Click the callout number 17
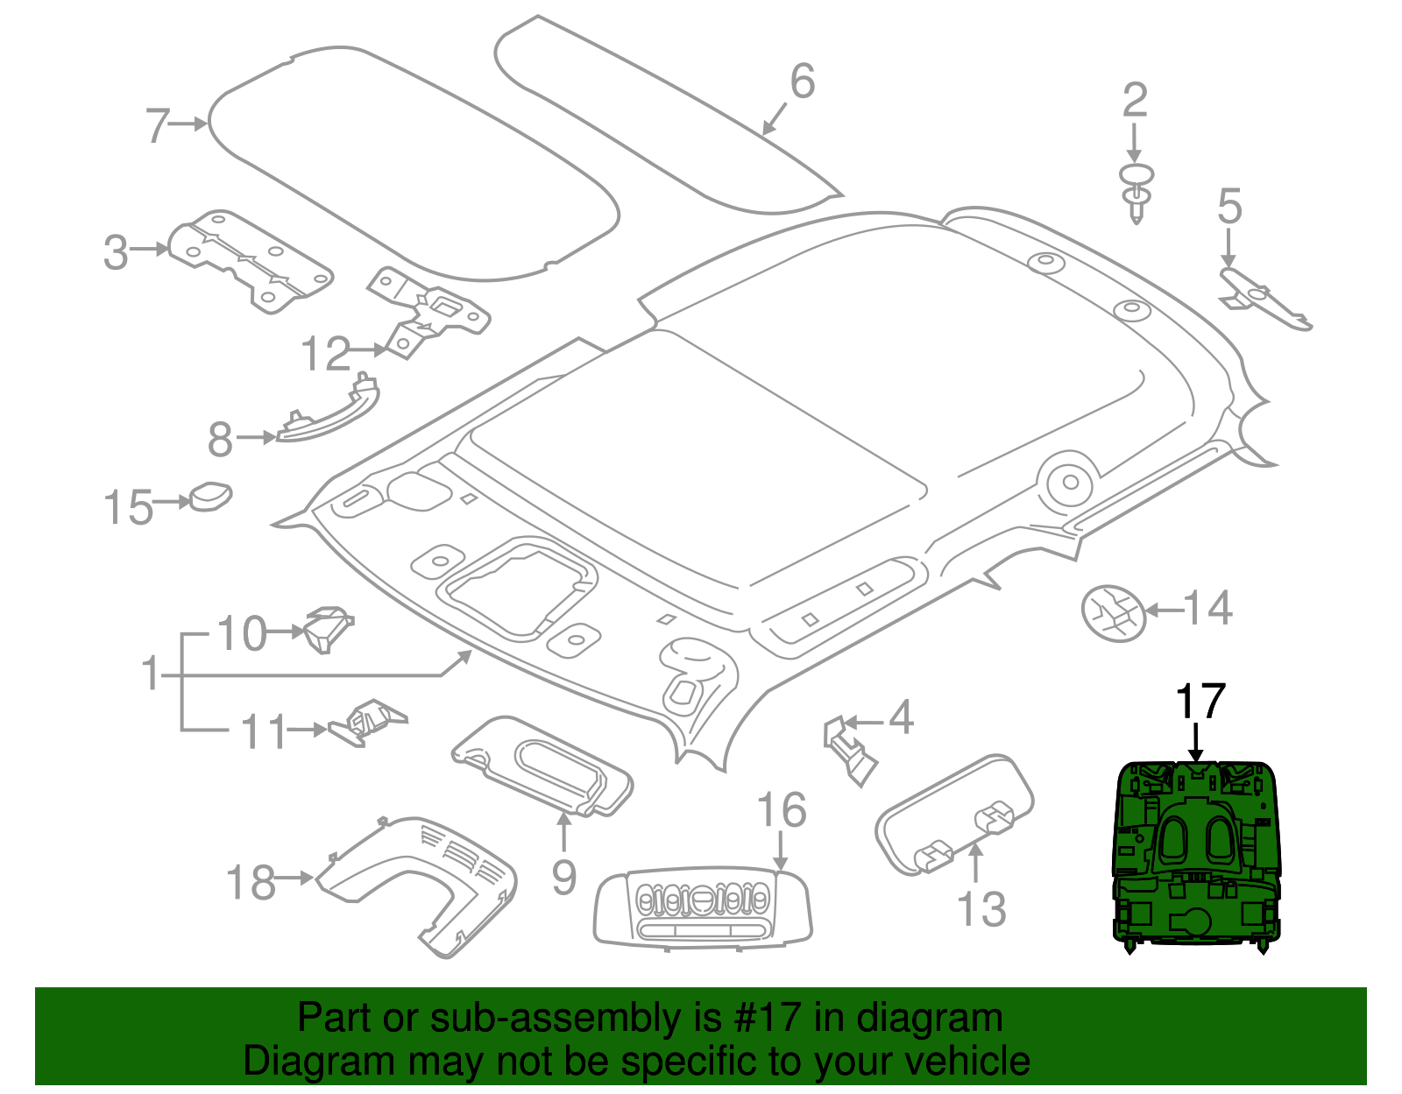pyautogui.click(x=1199, y=702)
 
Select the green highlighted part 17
pyautogui.click(x=1196, y=854)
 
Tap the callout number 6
pyautogui.click(x=802, y=81)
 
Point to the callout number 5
pyautogui.click(x=1229, y=207)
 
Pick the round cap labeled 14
pyautogui.click(x=1114, y=613)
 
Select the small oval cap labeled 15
pyautogui.click(x=211, y=496)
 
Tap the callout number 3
pyautogui.click(x=116, y=252)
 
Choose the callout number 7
pyautogui.click(x=158, y=125)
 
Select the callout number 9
pyautogui.click(x=564, y=876)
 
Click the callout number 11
pyautogui.click(x=264, y=731)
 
